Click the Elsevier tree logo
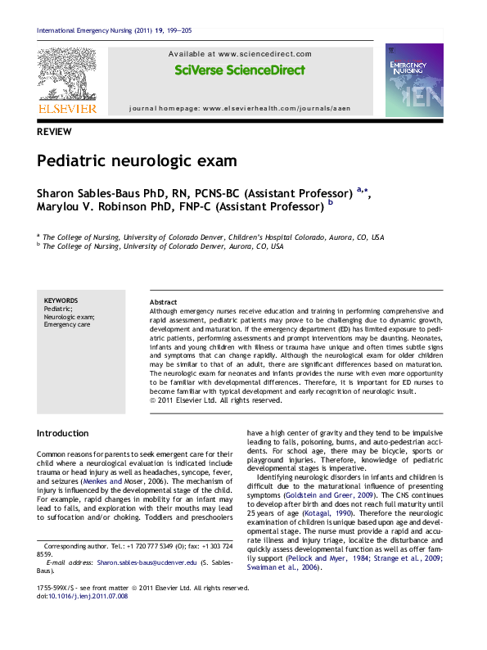click(x=66, y=73)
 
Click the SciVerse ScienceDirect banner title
click(x=240, y=70)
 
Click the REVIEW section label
click(x=54, y=132)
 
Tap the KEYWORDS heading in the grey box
click(x=61, y=300)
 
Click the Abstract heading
click(x=164, y=302)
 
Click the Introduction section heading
click(x=63, y=433)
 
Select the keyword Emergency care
click(x=66, y=325)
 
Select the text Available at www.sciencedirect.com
click(x=240, y=53)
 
